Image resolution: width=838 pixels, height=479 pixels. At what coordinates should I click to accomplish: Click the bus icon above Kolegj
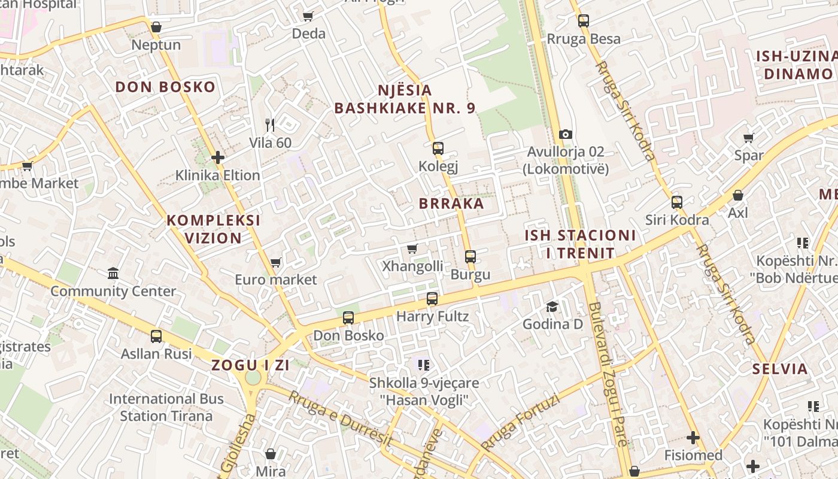tap(438, 148)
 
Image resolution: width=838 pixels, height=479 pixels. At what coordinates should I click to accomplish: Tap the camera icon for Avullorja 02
tap(566, 134)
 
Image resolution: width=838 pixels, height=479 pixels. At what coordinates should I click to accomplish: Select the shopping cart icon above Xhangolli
tap(412, 248)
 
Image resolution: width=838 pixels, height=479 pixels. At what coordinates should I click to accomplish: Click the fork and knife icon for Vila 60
tap(270, 125)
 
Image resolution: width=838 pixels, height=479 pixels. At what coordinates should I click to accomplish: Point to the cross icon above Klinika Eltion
tap(218, 157)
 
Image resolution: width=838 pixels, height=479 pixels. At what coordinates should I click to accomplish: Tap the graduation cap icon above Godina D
tap(552, 307)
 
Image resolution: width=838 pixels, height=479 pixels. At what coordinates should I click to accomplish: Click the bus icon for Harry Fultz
tap(432, 298)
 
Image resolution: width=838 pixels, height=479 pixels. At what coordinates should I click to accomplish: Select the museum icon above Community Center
tap(113, 274)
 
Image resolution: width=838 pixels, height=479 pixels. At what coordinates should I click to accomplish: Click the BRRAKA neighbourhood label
tap(451, 204)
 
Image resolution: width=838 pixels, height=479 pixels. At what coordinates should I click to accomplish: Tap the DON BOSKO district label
tap(165, 87)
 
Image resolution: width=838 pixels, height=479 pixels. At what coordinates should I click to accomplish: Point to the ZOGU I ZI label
tap(250, 365)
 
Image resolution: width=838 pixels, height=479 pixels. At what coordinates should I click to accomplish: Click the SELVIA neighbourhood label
tap(781, 369)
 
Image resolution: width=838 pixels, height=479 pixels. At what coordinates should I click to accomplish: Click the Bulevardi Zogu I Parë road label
tap(608, 374)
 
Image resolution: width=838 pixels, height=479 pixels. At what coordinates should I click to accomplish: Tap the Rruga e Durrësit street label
tap(339, 419)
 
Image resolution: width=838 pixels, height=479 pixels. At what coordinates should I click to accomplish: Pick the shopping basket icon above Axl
tap(738, 195)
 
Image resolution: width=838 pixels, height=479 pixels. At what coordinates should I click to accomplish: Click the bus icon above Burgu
tap(470, 257)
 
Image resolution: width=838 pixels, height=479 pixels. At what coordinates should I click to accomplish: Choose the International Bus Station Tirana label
tap(166, 407)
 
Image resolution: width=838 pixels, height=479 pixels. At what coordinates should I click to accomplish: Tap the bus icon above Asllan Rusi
tap(156, 336)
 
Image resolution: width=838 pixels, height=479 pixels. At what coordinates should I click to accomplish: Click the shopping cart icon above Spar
tap(748, 138)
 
